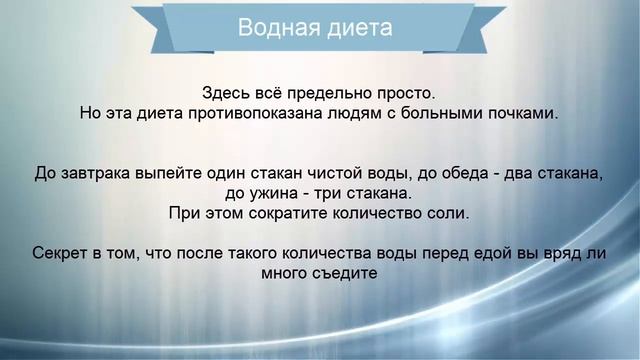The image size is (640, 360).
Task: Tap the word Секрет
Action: tap(62, 253)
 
